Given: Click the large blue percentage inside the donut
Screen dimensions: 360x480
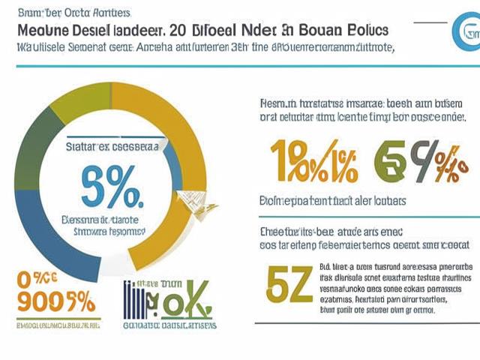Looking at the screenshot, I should coord(111,191).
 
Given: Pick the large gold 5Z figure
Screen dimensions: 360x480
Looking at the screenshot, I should coord(286,284).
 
